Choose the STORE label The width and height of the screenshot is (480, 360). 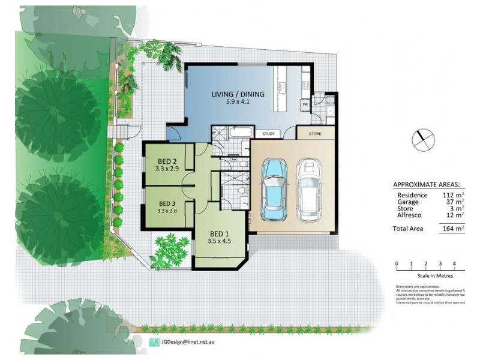pos(314,134)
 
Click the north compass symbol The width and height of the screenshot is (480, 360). pos(422,140)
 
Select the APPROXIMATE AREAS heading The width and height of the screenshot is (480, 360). pos(427,184)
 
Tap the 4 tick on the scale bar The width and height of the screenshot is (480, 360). pos(454,263)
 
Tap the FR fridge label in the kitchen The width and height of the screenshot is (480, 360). pos(305,104)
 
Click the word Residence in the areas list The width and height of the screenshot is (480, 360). pos(412,195)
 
